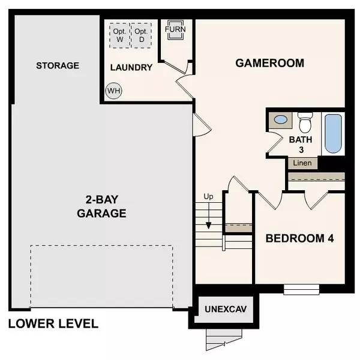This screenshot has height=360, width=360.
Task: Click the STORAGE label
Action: [x=57, y=65]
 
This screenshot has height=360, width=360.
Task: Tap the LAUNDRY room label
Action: [x=131, y=67]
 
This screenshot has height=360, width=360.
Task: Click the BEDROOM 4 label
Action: [x=300, y=238]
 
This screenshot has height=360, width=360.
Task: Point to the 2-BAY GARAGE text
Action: [x=101, y=206]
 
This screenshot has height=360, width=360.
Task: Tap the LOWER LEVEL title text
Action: [x=53, y=324]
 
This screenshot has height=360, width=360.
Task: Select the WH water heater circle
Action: [x=113, y=91]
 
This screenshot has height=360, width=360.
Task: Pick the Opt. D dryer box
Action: [x=142, y=35]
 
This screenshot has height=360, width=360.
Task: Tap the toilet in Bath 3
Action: [x=305, y=122]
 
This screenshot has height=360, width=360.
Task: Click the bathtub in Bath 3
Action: [x=333, y=133]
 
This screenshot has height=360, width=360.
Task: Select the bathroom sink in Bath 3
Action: [x=280, y=120]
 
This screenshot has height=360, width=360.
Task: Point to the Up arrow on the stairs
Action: [x=209, y=216]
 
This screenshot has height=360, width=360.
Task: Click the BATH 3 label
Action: [x=301, y=145]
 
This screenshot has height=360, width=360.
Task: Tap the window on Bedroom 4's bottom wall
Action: [x=301, y=289]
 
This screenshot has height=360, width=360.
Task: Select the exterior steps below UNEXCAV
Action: [x=218, y=340]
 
